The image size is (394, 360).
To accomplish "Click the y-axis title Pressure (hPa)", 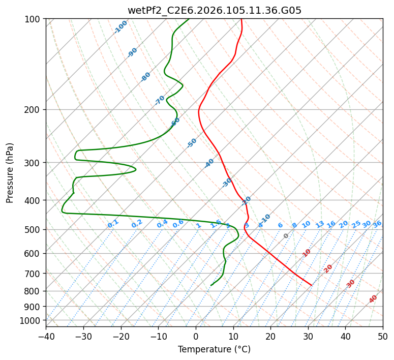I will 10,173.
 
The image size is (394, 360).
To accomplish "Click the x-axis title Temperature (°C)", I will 214,349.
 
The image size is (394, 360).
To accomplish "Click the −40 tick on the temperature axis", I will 46,336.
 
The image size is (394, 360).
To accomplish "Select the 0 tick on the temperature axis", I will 196,336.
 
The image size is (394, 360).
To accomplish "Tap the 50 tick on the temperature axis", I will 383,336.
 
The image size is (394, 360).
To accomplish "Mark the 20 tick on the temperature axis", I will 270,336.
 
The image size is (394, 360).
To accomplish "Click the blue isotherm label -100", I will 120,27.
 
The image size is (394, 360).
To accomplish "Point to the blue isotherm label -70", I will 160,100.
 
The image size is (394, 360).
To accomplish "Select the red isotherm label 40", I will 373,299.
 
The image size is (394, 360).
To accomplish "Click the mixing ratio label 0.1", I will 113,224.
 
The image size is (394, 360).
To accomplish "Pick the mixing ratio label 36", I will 377,224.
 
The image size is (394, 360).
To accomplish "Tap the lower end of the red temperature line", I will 312,285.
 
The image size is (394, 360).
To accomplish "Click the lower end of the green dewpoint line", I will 211,285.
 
